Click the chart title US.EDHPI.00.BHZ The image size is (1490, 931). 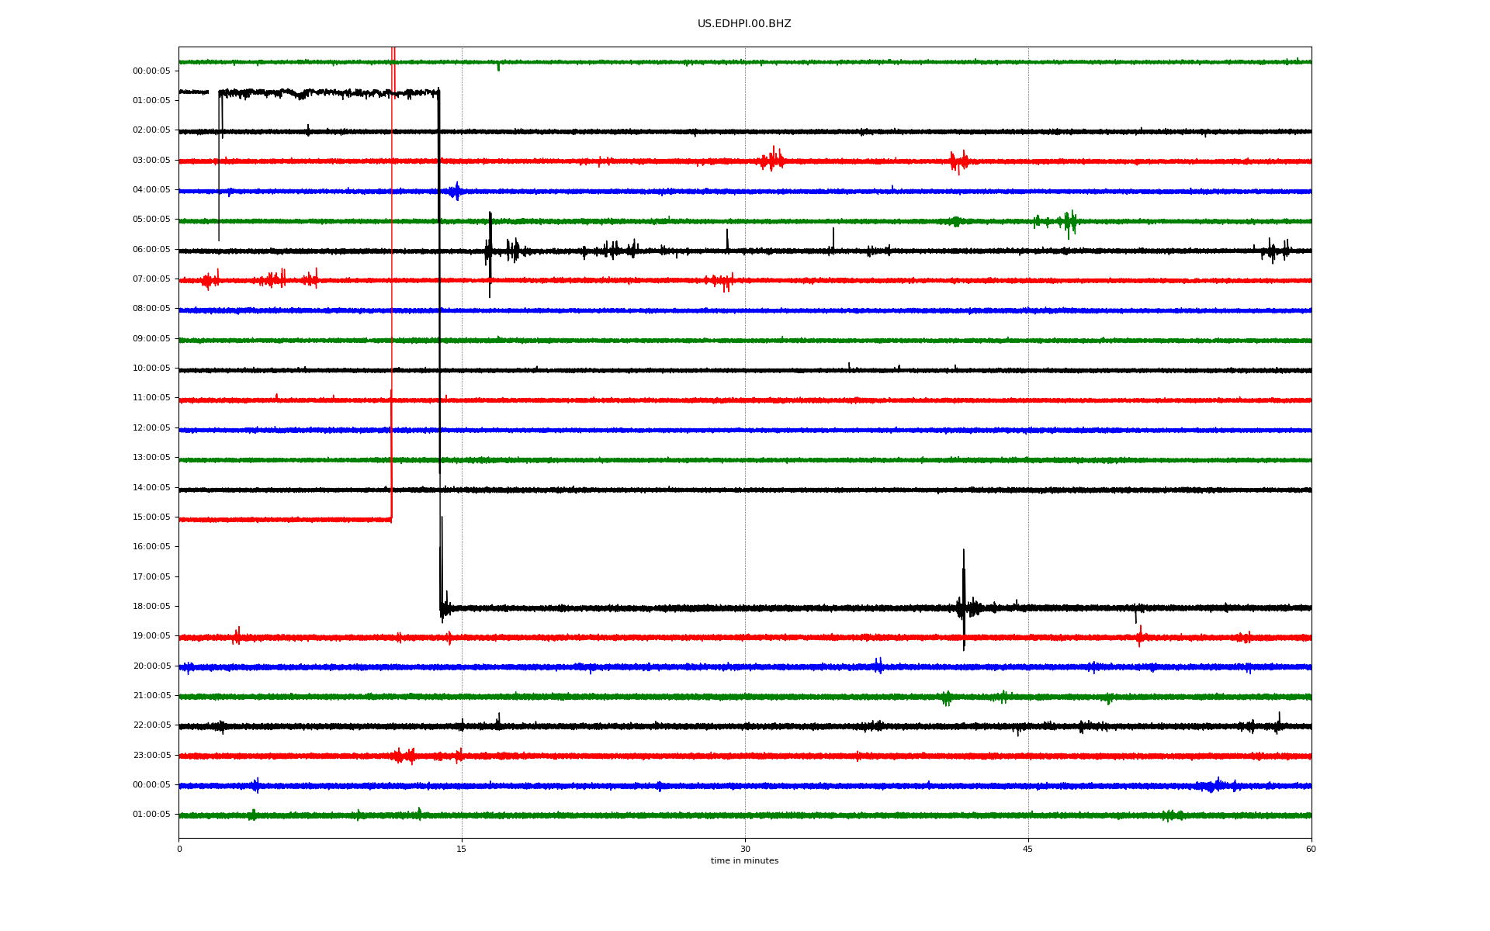tap(744, 24)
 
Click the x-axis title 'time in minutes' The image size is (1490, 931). tap(744, 860)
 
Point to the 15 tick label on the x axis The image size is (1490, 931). tap(462, 849)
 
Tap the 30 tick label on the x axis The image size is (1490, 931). tap(745, 849)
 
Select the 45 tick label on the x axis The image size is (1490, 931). tap(1028, 849)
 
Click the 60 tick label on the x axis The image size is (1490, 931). tap(1311, 849)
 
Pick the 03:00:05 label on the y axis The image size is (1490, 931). tap(151, 161)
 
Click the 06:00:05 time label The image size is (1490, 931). tap(151, 250)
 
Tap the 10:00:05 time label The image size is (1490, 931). tap(151, 369)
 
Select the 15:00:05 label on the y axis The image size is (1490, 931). tap(151, 517)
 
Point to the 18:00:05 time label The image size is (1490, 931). tap(151, 607)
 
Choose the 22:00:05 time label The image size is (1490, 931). tap(151, 725)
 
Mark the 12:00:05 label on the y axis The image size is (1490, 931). tap(151, 428)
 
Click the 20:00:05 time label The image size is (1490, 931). tap(151, 666)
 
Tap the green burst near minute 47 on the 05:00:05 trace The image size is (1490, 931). tap(1069, 223)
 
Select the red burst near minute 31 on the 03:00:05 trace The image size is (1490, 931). tap(773, 159)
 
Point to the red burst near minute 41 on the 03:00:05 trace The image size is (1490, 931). tap(959, 161)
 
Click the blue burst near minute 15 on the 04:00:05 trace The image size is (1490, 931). tap(456, 191)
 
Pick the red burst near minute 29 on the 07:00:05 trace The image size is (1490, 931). tap(722, 281)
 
